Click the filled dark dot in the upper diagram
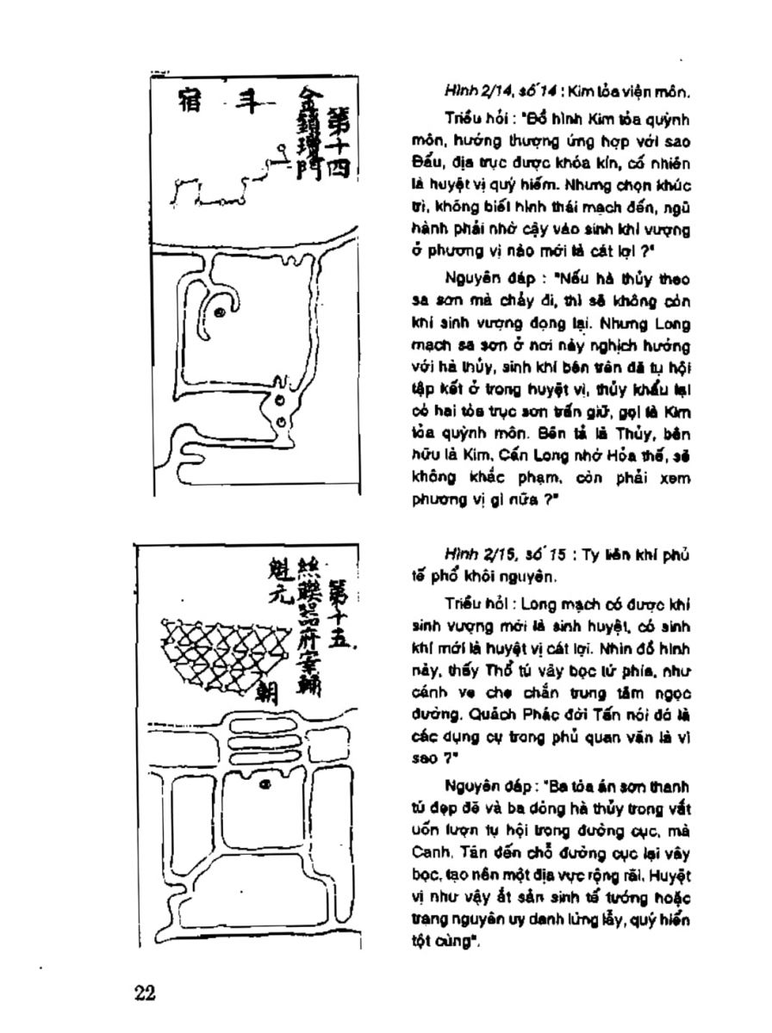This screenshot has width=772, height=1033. (x=221, y=313)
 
